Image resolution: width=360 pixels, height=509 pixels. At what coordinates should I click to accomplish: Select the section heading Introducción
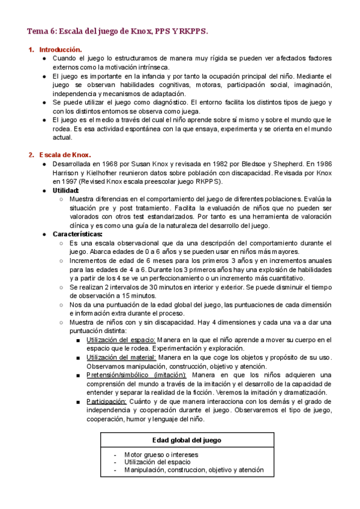60,49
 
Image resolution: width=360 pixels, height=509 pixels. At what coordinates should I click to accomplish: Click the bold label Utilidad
70,190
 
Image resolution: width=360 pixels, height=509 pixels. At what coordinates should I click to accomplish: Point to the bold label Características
77,234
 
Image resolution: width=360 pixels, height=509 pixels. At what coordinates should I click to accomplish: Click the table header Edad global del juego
187,440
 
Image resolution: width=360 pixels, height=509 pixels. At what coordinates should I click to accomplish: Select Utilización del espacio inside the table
157,462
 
